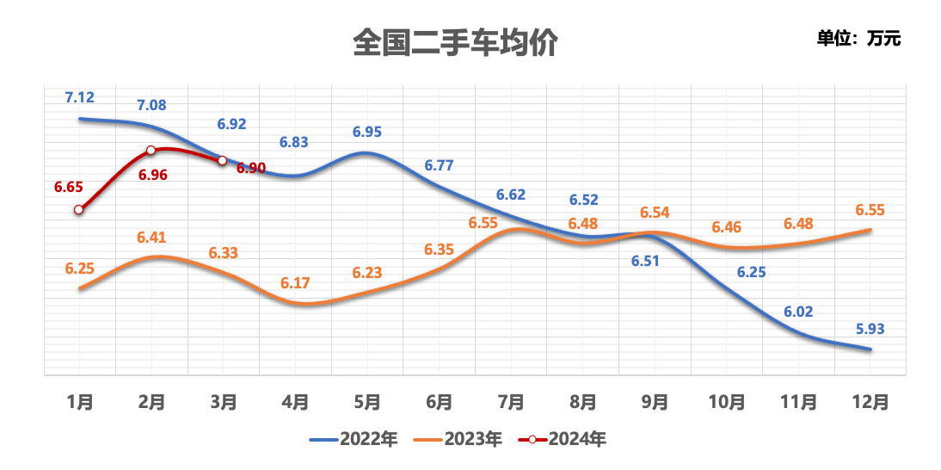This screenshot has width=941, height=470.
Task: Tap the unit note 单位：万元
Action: (858, 39)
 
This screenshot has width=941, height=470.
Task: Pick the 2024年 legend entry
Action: (563, 439)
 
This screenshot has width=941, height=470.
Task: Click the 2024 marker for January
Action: (79, 209)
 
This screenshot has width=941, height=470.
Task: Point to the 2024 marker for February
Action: (151, 150)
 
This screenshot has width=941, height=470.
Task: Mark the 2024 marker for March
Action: (222, 161)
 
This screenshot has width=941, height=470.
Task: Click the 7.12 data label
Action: (79, 97)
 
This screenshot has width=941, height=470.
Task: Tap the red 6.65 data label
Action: (68, 187)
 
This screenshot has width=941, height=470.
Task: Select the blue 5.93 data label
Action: (870, 328)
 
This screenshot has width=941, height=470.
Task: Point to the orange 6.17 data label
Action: (295, 282)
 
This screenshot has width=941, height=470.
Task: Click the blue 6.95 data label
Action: (367, 132)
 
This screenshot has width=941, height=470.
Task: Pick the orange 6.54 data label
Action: (655, 213)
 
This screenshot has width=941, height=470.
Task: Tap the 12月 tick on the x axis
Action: (870, 401)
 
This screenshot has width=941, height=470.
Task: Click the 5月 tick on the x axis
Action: (367, 401)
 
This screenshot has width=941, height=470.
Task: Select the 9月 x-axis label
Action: (655, 401)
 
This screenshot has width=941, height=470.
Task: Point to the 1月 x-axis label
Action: (79, 401)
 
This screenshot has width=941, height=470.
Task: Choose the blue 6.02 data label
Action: (798, 312)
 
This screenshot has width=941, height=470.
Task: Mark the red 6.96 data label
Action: (151, 175)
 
